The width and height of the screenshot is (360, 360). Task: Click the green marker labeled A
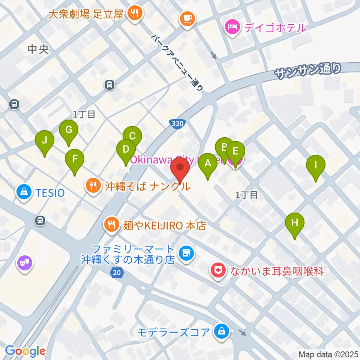[x=207, y=163]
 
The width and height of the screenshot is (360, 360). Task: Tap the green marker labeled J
[x=45, y=141]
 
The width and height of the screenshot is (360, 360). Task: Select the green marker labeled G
[x=69, y=130]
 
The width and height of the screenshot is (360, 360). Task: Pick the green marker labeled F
[x=75, y=159]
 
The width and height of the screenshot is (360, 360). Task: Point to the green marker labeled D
[x=126, y=150]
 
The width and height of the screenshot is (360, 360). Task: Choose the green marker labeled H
[x=295, y=223]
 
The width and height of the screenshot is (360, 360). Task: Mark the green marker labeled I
[x=316, y=165]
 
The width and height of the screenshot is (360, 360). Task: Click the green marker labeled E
[x=235, y=151]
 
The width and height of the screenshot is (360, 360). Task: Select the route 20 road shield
[x=117, y=274]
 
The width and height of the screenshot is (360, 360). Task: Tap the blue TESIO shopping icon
[x=24, y=192]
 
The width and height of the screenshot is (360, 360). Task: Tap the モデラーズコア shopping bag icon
[x=221, y=331]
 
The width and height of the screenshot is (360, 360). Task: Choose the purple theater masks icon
[x=25, y=263]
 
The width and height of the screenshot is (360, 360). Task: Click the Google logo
[x=25, y=351]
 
